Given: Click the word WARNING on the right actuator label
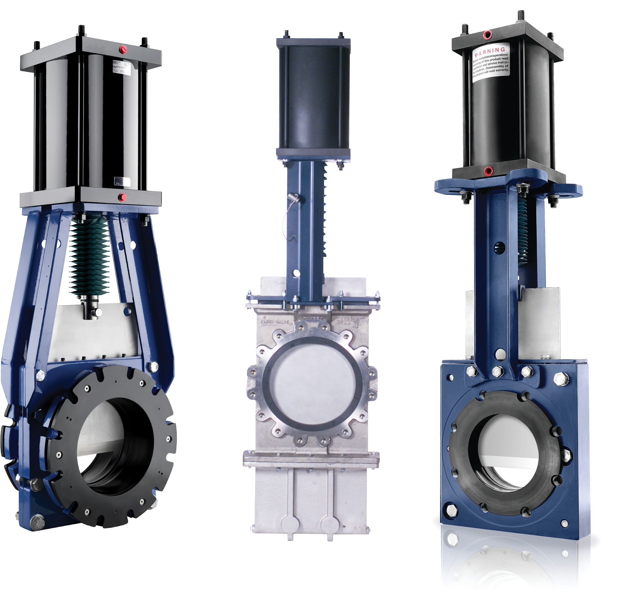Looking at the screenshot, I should click(490, 51).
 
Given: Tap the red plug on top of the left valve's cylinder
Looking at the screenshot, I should click(122, 49).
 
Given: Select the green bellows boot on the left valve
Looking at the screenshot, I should click(89, 254).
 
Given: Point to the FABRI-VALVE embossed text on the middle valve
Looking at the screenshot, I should click(275, 322).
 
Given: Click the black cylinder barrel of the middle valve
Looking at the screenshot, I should click(313, 98).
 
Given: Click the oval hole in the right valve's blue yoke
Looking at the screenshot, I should click(500, 246).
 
